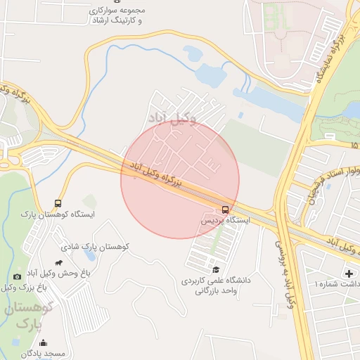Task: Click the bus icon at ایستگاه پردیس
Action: click(225, 210)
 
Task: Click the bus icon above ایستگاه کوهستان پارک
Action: click(58, 203)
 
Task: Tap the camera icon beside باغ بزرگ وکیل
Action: click(17, 277)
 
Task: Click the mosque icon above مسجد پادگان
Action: click(44, 343)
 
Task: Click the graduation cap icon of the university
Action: click(216, 270)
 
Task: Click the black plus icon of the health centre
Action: click(348, 273)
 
